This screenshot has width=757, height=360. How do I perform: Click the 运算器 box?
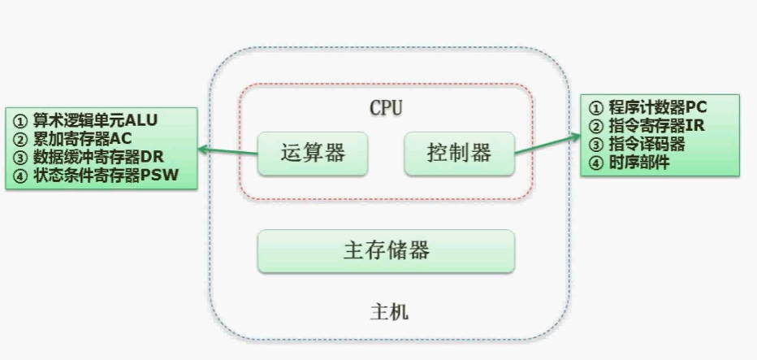coord(312,153)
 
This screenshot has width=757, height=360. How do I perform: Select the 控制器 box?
coord(459,153)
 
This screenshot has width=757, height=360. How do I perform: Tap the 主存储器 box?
coord(386,250)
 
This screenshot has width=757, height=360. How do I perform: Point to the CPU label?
coord(386,107)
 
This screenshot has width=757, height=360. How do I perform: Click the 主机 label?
coord(389,311)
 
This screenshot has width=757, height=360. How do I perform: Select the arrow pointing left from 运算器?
coord(228,150)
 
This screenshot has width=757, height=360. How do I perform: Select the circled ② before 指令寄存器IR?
coord(595,127)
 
